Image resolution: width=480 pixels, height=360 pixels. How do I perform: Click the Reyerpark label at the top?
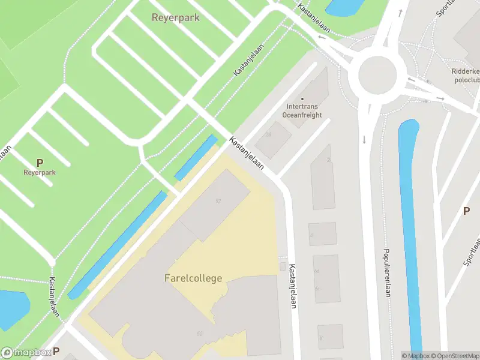pos(176,18)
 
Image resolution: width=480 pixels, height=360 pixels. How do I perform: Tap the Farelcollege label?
pos(193,278)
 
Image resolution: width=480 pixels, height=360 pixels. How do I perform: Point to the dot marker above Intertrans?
pos(302,99)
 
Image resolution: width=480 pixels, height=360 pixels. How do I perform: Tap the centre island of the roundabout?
pos(378,76)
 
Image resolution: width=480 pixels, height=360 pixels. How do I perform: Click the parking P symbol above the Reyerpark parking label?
pos(40,163)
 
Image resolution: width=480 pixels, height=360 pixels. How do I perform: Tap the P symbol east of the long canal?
pos(466,211)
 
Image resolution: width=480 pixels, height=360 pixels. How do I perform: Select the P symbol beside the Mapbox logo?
pos(56,352)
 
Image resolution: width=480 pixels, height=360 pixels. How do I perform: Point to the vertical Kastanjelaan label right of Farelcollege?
pos(293,286)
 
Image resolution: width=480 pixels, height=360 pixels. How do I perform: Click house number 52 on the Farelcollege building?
pos(218,200)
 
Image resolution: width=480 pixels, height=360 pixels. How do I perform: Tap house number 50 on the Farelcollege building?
pos(198,334)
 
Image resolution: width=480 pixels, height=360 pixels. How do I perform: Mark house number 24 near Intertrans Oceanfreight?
pos(269,134)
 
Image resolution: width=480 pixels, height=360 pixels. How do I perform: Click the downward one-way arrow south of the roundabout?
pos(364,140)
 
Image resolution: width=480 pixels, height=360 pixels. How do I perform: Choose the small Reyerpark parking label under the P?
pos(40,172)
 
